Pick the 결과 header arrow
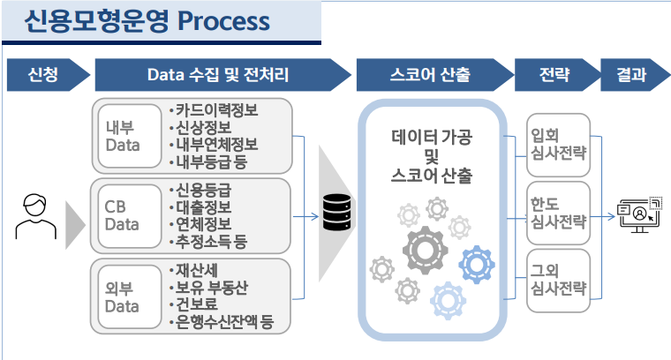tap(632, 75)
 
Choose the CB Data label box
tap(123, 215)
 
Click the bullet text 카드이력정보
tap(215, 111)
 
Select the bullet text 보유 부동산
tap(215, 289)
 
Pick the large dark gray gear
tap(426, 250)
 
